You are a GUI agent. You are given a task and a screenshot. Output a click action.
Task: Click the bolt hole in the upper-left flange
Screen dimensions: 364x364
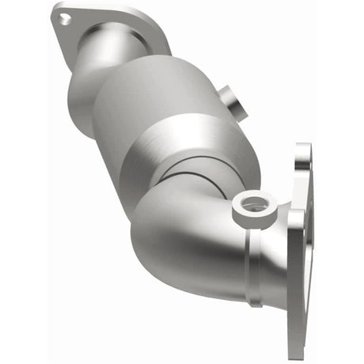click(61, 21)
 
